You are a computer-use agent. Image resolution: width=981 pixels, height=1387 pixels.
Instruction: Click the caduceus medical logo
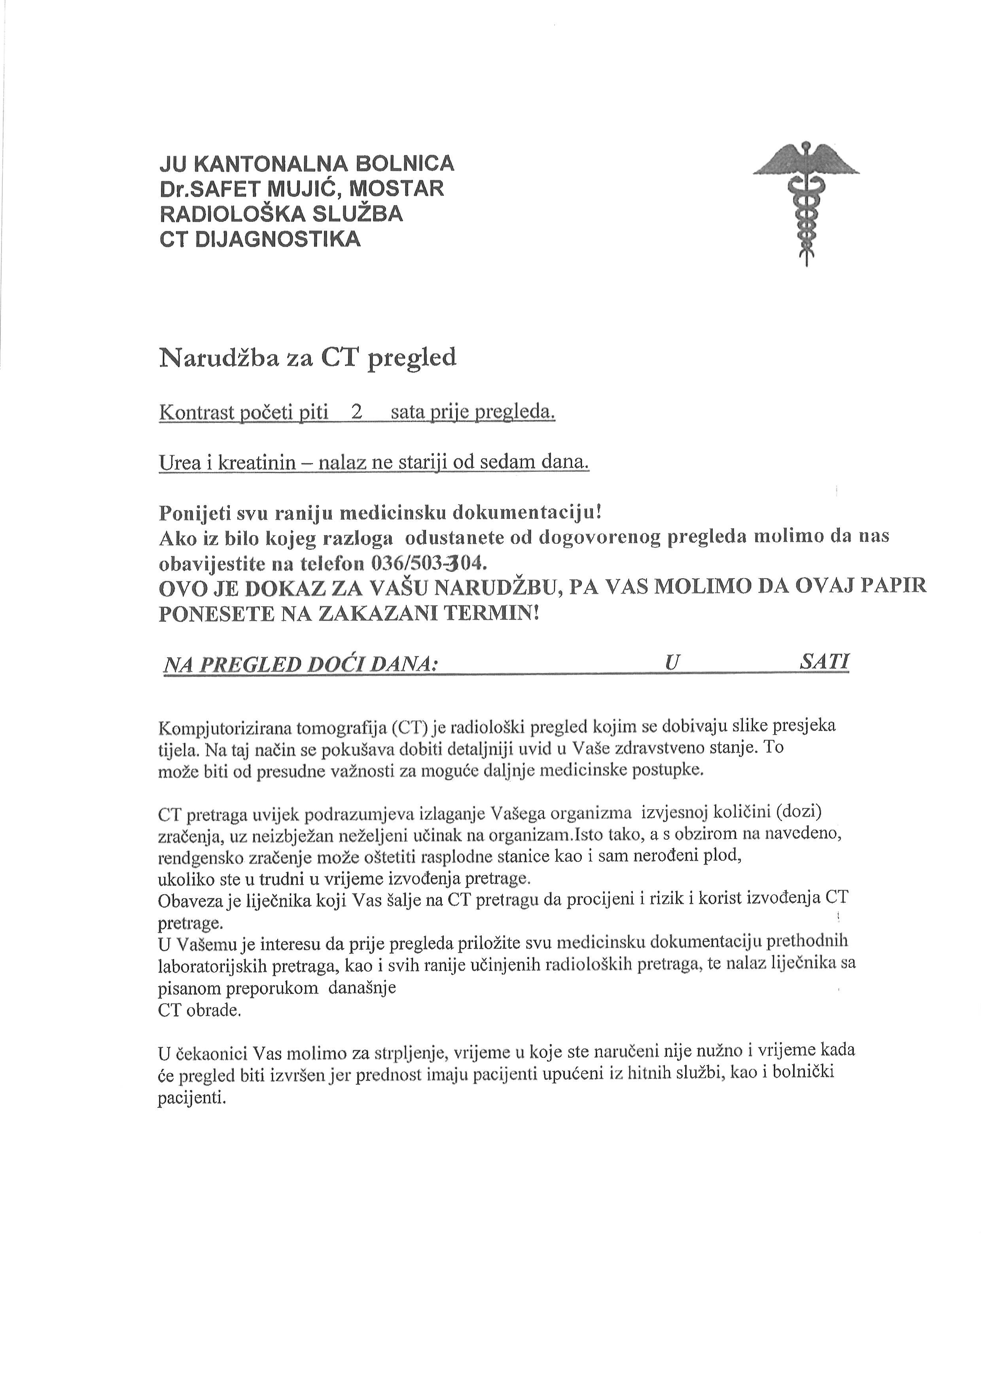[806, 202]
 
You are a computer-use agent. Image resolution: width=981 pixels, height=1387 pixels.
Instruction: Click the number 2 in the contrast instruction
[356, 412]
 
